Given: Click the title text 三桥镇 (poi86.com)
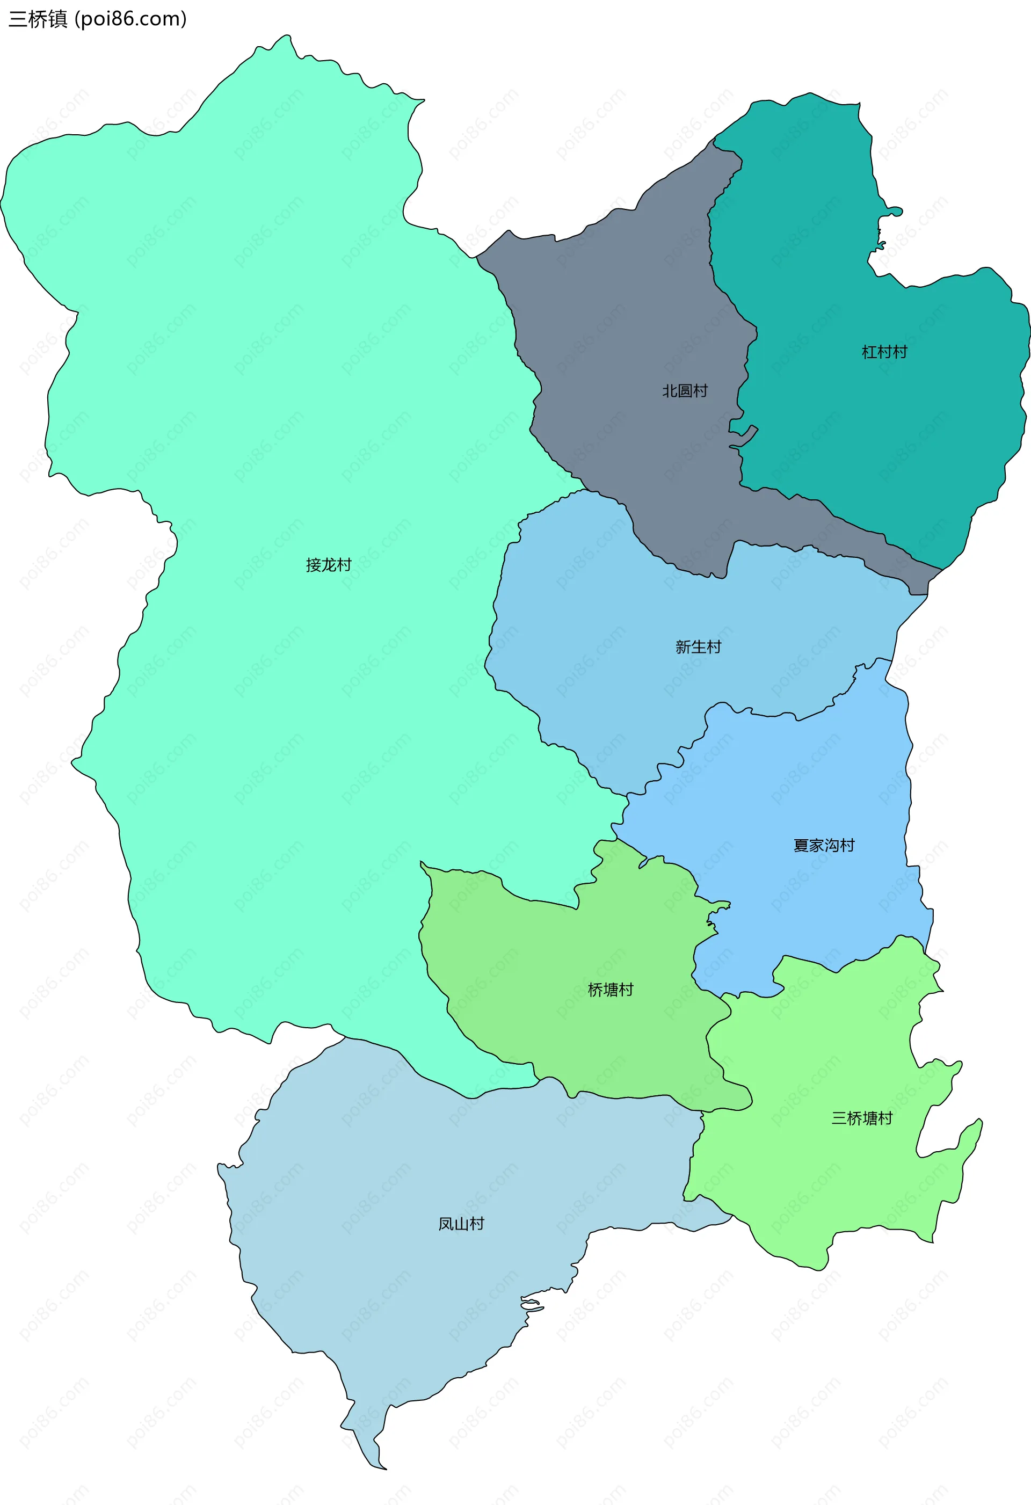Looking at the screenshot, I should tap(97, 19).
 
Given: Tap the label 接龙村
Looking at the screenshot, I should tap(328, 565).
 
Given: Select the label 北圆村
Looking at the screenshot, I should tap(685, 390).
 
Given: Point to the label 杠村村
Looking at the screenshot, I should tap(884, 352).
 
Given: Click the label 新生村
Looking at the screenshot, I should tap(698, 646).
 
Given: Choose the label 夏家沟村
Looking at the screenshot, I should tap(824, 845).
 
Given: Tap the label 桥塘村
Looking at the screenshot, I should tap(610, 990).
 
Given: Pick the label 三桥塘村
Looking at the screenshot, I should tap(862, 1118).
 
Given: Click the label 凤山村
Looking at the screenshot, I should tap(461, 1223).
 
